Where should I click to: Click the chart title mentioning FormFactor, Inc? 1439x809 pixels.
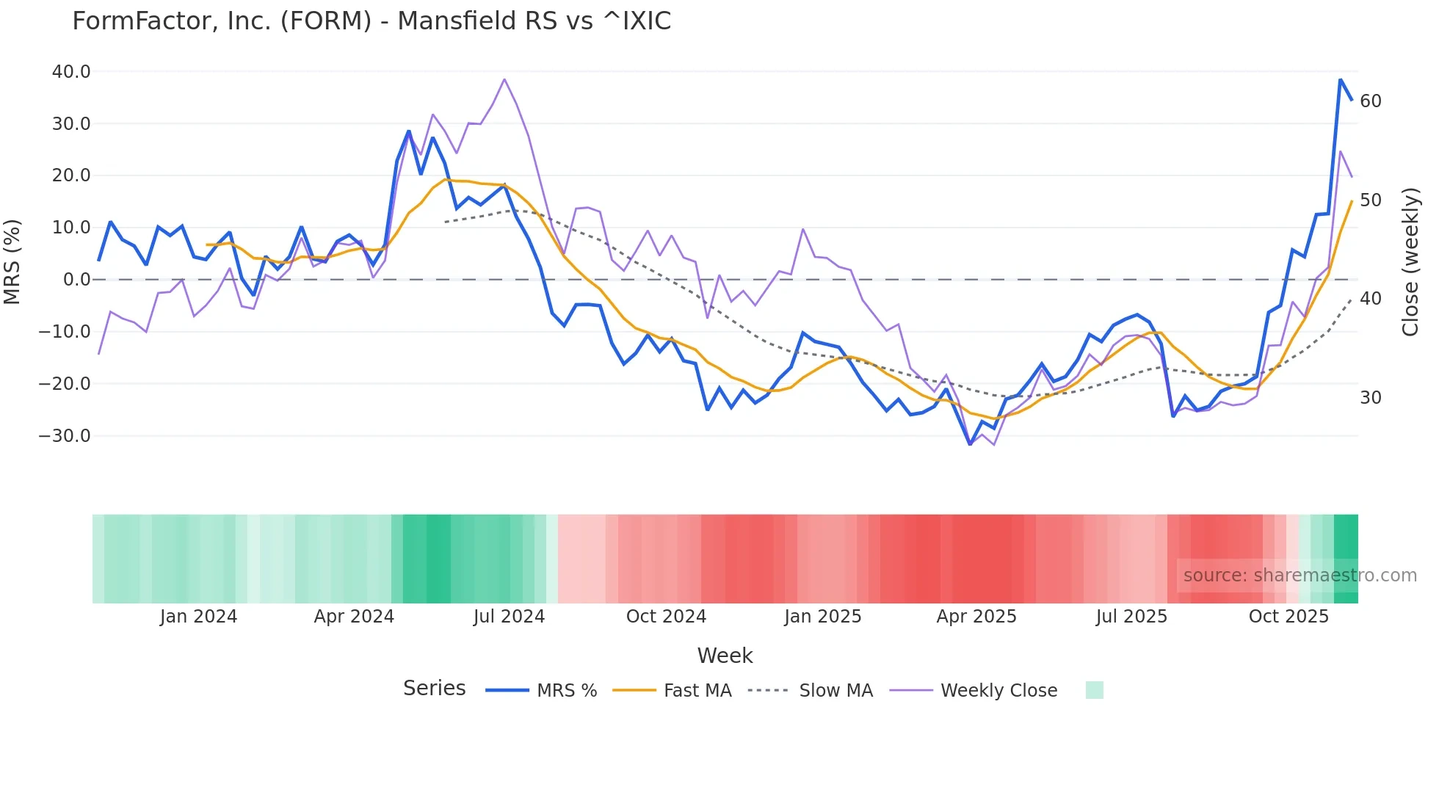point(371,21)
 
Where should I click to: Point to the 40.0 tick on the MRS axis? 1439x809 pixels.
point(71,72)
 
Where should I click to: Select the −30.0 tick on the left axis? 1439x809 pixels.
point(65,435)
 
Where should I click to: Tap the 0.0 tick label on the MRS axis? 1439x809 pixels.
point(77,280)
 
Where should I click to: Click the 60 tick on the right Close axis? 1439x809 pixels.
point(1371,101)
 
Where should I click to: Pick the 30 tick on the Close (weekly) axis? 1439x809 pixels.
point(1371,398)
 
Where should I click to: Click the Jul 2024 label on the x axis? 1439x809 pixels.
point(509,617)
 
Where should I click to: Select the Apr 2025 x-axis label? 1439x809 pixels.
point(976,617)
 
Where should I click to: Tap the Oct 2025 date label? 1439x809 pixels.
point(1288,617)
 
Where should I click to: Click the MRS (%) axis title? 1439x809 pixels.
point(12,261)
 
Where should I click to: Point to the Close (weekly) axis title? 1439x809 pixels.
point(1410,262)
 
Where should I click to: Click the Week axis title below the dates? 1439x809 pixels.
point(725,656)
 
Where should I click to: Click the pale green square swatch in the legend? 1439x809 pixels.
point(1094,690)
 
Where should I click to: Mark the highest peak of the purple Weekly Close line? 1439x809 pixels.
point(504,79)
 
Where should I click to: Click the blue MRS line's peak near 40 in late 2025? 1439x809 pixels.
point(1340,79)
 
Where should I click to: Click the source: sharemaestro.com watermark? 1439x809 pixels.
point(1300,576)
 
